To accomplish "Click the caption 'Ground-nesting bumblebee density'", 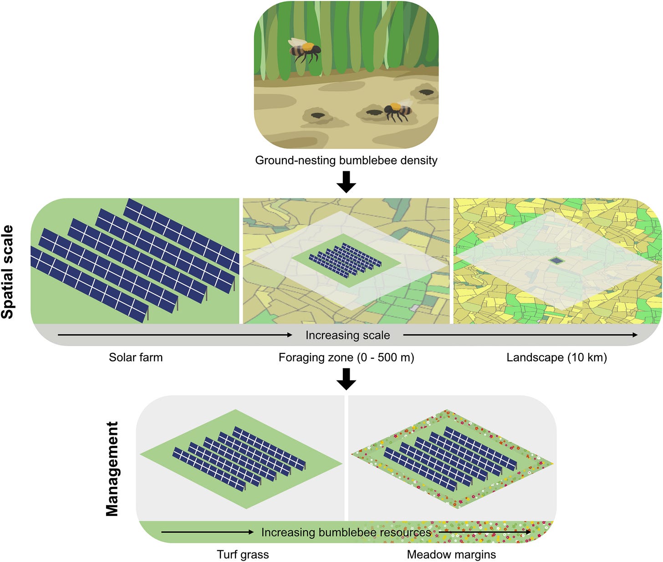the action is coord(346,160).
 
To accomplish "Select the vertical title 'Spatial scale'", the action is coord(8,272).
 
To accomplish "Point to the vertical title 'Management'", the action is coord(112,469).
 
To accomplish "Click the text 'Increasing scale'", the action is coord(347,335).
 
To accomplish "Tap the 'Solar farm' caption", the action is coord(136,358).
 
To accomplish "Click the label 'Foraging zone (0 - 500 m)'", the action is coord(346,358).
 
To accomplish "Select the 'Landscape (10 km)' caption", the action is coord(556,358).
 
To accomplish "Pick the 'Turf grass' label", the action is coord(243,555).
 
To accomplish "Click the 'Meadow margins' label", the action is coord(451,555).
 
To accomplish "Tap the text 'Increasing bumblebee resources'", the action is coord(346,532).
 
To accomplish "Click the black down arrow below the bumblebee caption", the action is coord(346,182).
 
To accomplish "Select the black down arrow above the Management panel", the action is coord(346,378).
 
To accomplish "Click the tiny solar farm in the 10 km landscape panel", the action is coord(556,261).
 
